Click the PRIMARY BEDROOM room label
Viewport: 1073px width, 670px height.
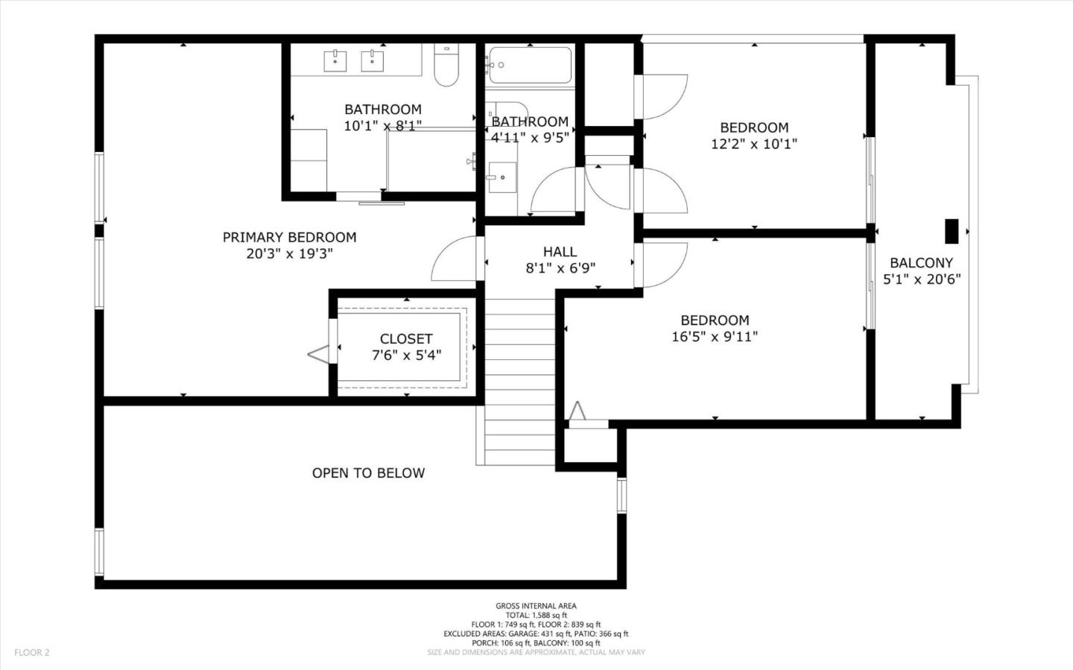pos(289,237)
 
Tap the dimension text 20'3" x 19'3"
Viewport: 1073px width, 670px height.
pos(289,253)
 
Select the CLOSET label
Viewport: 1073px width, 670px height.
pos(406,339)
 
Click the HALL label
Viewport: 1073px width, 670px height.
pos(560,252)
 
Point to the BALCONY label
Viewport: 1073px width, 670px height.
pos(922,262)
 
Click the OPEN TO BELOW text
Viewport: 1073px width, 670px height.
pos(368,473)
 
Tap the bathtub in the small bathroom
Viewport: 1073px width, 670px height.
pos(530,66)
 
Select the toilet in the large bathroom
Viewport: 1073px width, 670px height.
pos(446,67)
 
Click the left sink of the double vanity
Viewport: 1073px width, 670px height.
pos(335,61)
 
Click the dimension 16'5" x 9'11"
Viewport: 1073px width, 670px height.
pos(715,337)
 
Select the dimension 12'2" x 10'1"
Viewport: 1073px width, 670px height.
pos(754,144)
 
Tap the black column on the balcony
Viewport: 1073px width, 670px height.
pos(952,231)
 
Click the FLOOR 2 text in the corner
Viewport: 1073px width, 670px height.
pos(31,652)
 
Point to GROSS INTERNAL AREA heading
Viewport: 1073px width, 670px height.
pos(536,606)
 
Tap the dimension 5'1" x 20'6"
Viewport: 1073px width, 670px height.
pos(922,279)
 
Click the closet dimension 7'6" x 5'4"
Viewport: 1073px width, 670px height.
pos(406,355)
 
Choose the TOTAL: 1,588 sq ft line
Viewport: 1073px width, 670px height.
pos(536,616)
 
